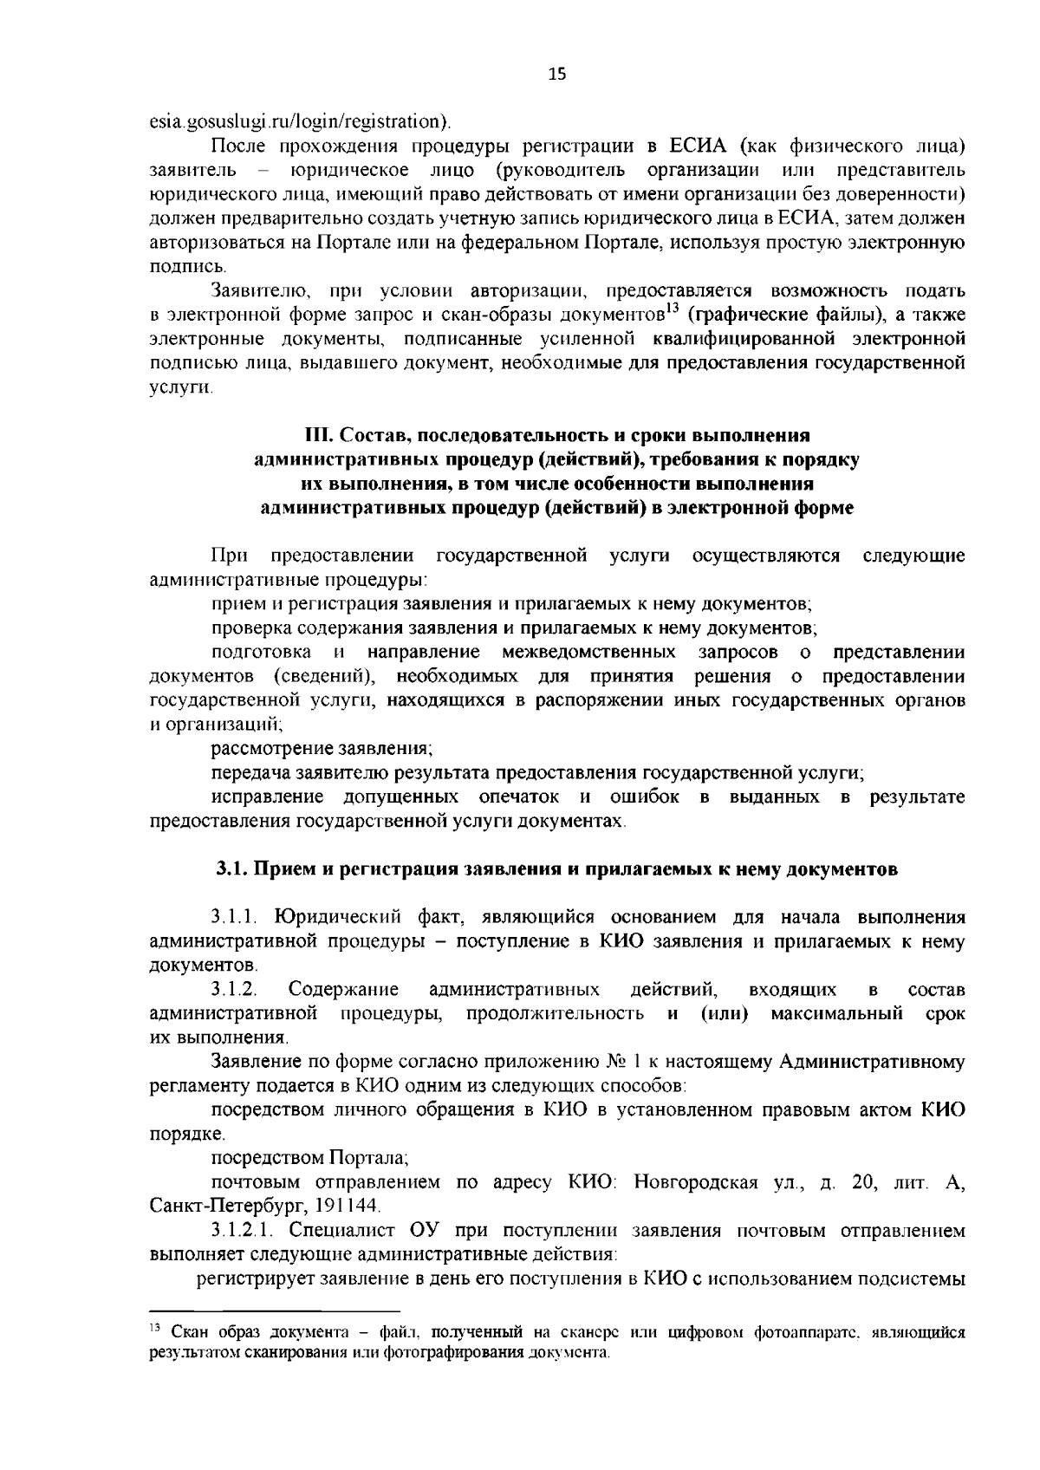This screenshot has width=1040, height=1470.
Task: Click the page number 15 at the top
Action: pos(556,75)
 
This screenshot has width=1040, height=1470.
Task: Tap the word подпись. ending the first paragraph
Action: pos(176,265)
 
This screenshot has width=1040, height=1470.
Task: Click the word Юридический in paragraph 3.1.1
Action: pos(331,917)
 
